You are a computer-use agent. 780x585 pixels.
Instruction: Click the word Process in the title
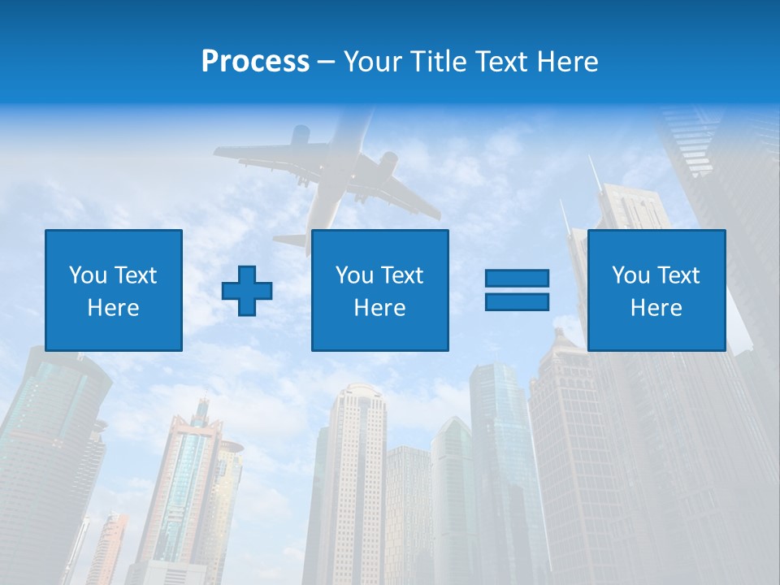click(255, 62)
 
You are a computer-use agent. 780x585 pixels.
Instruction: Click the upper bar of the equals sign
click(517, 279)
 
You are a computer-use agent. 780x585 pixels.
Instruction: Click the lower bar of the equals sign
click(517, 301)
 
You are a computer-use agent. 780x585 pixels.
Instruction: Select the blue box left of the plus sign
click(114, 290)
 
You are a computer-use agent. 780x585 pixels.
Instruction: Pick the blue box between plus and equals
click(379, 290)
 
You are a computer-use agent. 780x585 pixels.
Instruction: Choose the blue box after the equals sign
click(656, 290)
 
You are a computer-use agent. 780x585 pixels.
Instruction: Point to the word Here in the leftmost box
click(113, 308)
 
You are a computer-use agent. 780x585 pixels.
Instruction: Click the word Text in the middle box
click(403, 275)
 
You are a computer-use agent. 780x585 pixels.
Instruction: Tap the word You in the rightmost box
click(631, 275)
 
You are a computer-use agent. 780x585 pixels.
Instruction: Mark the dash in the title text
click(327, 62)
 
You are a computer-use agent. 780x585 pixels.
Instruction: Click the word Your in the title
click(373, 62)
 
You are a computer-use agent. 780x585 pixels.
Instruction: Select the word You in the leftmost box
click(89, 275)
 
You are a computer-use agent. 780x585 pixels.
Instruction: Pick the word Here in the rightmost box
click(656, 308)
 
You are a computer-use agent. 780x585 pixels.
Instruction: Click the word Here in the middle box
click(379, 308)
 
